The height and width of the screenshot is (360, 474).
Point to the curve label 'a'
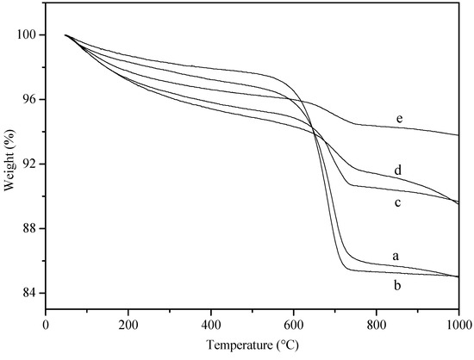(x=396, y=256)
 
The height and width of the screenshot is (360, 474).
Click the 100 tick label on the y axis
(x=28, y=35)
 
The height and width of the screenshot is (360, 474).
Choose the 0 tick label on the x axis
(x=46, y=325)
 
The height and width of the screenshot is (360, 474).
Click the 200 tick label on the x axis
(x=128, y=325)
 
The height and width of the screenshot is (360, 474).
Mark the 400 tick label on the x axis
(x=211, y=325)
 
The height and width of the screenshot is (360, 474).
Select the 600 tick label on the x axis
(x=293, y=325)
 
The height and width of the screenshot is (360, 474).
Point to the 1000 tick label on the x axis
(x=457, y=325)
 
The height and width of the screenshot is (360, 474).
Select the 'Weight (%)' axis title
(x=9, y=164)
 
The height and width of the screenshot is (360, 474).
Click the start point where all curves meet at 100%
(x=65, y=35)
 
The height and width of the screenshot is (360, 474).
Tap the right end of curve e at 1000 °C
(x=458, y=135)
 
